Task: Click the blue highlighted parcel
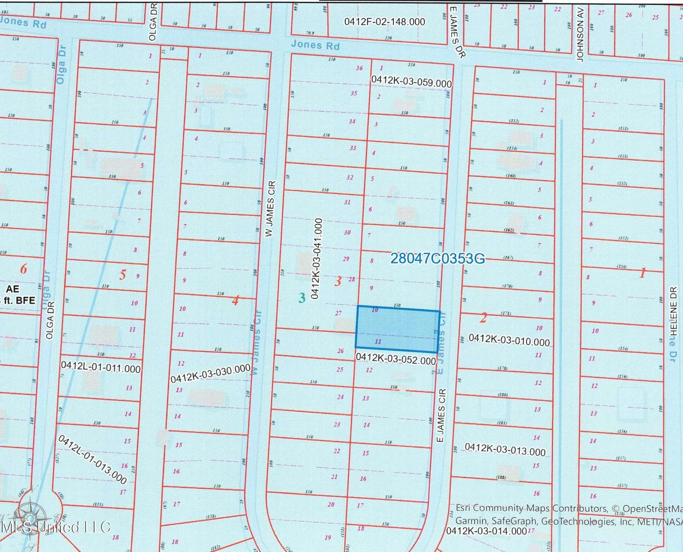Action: [x=397, y=329]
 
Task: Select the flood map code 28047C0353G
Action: [x=437, y=258]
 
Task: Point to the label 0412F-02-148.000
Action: [x=384, y=21]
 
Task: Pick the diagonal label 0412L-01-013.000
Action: [x=92, y=459]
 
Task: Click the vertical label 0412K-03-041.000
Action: [x=316, y=258]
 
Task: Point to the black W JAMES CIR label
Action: [x=270, y=209]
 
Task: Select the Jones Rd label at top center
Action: [x=315, y=45]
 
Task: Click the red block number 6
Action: [x=24, y=269]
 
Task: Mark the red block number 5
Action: [x=123, y=275]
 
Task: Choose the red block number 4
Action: [x=235, y=301]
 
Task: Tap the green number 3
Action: [x=301, y=298]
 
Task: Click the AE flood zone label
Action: [x=13, y=289]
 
